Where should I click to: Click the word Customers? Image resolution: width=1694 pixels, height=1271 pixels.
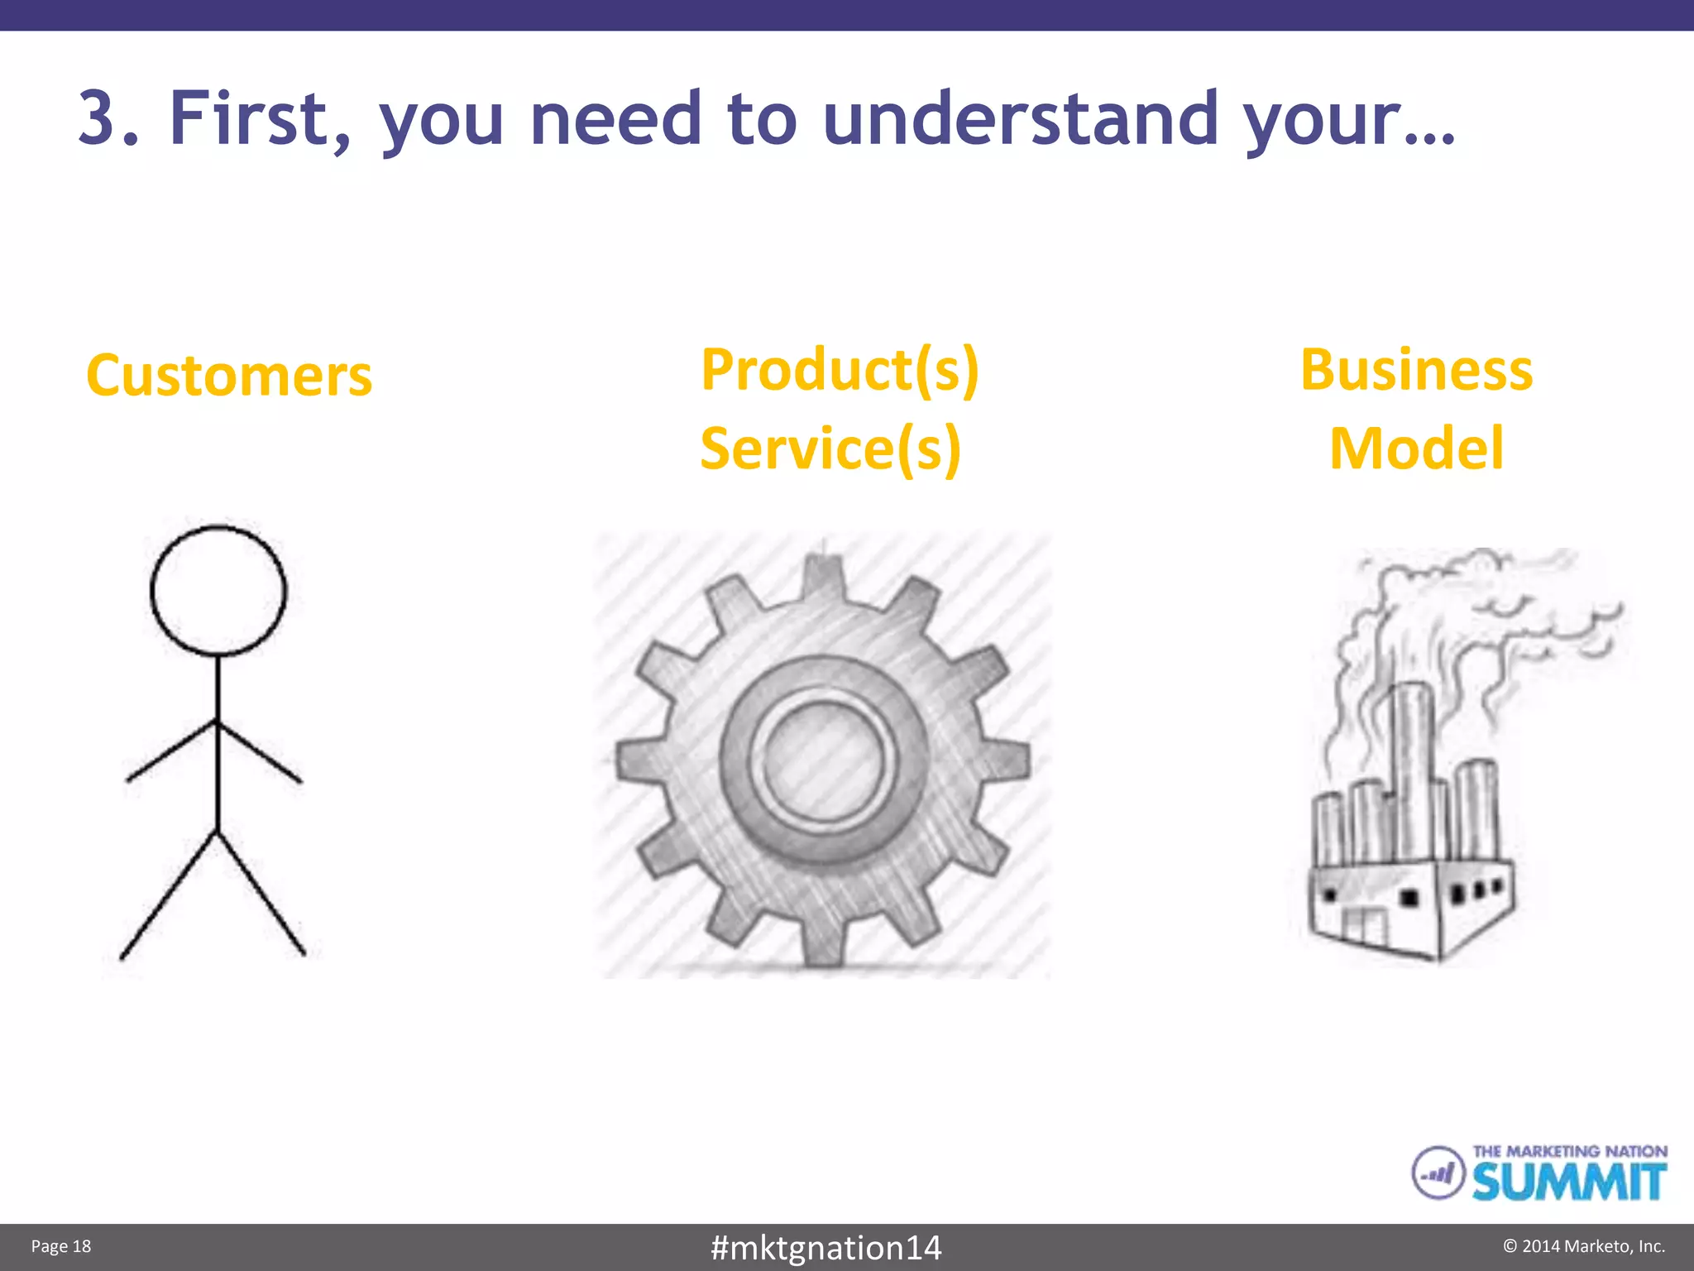[229, 377]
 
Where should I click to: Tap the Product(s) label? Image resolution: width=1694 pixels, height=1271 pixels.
[840, 370]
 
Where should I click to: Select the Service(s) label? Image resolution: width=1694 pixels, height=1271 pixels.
[830, 448]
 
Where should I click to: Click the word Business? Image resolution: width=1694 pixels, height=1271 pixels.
[1416, 370]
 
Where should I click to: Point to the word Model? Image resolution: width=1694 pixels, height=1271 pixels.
[1416, 448]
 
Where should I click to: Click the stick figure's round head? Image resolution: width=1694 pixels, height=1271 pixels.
[218, 591]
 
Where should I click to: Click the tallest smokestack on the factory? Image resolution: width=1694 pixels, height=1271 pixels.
[1413, 761]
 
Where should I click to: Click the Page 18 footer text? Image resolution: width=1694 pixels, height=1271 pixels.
[61, 1246]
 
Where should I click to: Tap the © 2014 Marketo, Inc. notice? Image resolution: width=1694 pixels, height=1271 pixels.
[1583, 1246]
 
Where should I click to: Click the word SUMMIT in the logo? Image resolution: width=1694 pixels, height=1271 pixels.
[1568, 1182]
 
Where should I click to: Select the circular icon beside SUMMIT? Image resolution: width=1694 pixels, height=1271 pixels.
[1438, 1173]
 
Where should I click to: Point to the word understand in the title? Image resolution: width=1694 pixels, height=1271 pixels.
[1021, 118]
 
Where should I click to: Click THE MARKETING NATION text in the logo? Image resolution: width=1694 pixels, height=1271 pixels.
[1569, 1151]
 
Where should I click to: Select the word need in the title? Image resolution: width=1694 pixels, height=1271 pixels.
[615, 118]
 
